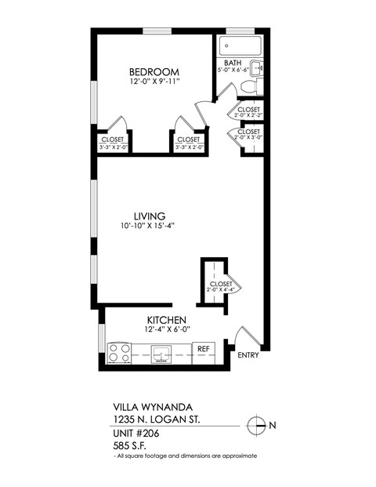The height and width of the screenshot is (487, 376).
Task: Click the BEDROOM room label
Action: tap(154, 71)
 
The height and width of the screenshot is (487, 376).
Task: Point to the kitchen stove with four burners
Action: tap(119, 353)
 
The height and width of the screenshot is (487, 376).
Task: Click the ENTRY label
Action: tap(248, 356)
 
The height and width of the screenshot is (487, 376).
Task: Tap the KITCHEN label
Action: tap(166, 320)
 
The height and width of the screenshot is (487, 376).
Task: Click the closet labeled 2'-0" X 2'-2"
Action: tap(248, 113)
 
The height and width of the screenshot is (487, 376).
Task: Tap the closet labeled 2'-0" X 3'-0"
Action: tap(248, 136)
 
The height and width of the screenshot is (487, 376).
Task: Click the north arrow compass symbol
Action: tap(256, 425)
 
